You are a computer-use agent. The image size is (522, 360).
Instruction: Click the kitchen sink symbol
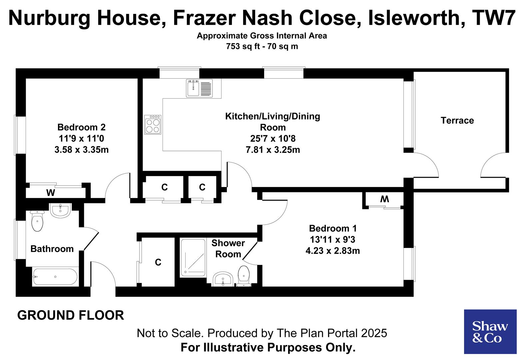pyautogui.click(x=199, y=88)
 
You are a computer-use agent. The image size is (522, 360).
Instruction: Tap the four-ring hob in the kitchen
pyautogui.click(x=153, y=124)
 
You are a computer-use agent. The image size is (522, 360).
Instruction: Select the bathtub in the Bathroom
pyautogui.click(x=55, y=277)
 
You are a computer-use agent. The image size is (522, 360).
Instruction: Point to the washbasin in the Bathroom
pyautogui.click(x=60, y=210)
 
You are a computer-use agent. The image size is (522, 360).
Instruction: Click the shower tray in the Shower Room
pyautogui.click(x=193, y=258)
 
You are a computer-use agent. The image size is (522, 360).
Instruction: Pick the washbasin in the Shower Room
pyautogui.click(x=223, y=279)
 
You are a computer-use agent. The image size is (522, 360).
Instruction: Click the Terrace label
pyautogui.click(x=457, y=120)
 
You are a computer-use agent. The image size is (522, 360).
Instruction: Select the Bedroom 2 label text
pyautogui.click(x=81, y=127)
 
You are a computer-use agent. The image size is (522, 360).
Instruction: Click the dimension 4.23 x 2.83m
pyautogui.click(x=332, y=251)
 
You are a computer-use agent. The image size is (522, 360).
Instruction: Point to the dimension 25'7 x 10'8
pyautogui.click(x=272, y=138)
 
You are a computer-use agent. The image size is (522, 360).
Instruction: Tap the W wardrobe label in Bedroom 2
pyautogui.click(x=51, y=193)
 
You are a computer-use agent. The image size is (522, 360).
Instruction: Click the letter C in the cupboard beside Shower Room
pyautogui.click(x=158, y=262)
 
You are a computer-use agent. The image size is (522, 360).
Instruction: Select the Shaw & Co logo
pyautogui.click(x=490, y=332)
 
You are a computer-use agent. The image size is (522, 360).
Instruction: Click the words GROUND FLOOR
pyautogui.click(x=71, y=315)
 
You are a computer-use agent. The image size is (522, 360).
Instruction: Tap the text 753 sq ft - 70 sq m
pyautogui.click(x=262, y=46)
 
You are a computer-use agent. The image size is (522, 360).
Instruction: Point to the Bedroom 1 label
pyautogui.click(x=332, y=228)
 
